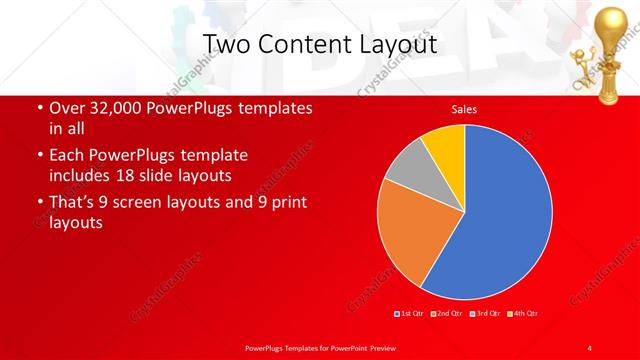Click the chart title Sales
464,109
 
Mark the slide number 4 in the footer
589,347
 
